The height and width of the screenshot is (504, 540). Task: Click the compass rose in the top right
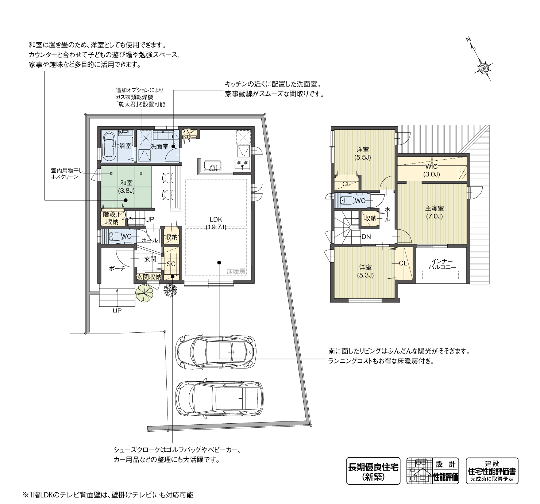(x=484, y=67)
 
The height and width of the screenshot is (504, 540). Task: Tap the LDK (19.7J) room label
(x=216, y=223)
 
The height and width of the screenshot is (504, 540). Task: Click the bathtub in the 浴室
(x=109, y=146)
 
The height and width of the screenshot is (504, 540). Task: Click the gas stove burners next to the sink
(x=243, y=163)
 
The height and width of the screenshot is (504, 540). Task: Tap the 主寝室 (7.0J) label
(x=434, y=212)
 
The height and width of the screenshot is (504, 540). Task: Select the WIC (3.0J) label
(x=431, y=170)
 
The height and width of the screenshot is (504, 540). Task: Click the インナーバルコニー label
(x=442, y=264)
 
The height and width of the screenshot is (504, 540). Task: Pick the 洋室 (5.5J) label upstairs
(x=362, y=153)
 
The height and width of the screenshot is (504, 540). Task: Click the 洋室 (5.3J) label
(x=365, y=271)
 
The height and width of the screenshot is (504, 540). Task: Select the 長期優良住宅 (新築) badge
(x=373, y=471)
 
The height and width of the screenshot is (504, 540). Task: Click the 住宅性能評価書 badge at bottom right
(x=492, y=471)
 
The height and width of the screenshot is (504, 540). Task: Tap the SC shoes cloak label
(x=171, y=264)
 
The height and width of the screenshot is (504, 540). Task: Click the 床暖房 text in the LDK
(x=236, y=271)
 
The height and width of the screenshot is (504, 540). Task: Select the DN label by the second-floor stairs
(x=366, y=237)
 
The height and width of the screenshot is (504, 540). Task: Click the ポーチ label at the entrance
(x=117, y=268)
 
